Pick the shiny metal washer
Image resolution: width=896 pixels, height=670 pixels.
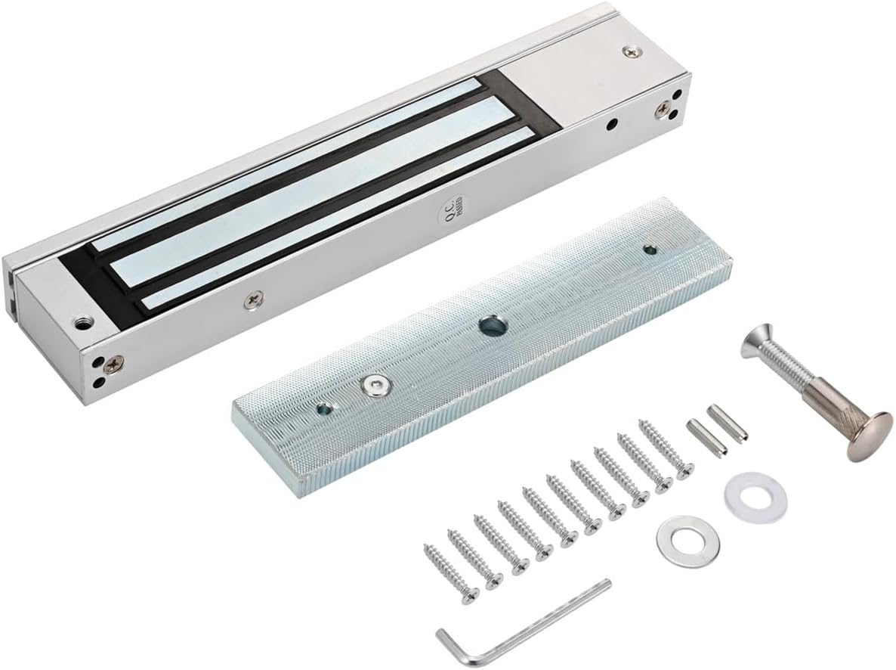687,538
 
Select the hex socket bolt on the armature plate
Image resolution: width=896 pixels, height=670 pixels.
372,385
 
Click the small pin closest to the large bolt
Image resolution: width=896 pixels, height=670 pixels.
727,421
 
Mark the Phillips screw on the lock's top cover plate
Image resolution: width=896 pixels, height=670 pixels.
629,51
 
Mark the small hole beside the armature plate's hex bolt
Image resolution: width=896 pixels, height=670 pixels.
325,409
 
